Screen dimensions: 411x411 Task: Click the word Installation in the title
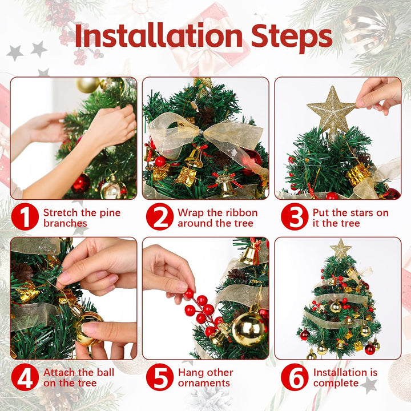coord(159,35)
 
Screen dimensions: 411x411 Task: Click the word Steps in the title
coord(292,38)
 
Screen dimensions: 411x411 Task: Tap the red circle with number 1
coord(25,216)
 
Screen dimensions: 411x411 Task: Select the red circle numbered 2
coord(160,216)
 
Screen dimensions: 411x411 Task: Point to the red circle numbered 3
coord(295,216)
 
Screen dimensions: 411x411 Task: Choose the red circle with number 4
coord(25,377)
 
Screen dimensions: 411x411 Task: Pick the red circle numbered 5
coord(160,377)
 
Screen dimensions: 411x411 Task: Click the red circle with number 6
coord(295,377)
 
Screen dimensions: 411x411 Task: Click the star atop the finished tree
coord(340,248)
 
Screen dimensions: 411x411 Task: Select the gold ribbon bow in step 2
coord(204,136)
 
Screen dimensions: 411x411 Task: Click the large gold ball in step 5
coord(249,328)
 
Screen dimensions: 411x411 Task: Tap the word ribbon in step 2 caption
coord(241,212)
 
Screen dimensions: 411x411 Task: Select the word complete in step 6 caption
coord(336,383)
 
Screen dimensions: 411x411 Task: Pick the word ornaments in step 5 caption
coord(204,383)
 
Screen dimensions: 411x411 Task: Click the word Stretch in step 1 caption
coord(61,212)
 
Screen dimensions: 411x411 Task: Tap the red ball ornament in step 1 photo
coord(80,183)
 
